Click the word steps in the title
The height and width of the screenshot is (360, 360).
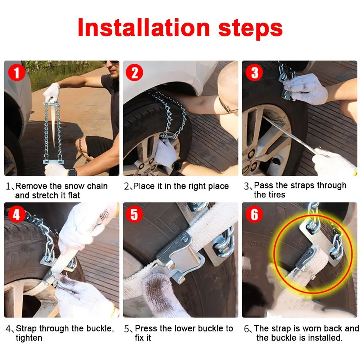point(250,29)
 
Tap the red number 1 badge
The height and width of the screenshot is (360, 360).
point(17,73)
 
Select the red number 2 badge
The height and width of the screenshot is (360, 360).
point(135,73)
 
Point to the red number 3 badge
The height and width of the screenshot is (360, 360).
point(254,73)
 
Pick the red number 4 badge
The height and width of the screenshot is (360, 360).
point(17,214)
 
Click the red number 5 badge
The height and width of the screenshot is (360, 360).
point(135,214)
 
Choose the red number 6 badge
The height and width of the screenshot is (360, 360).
point(254,214)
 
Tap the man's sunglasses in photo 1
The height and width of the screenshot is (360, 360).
point(112,62)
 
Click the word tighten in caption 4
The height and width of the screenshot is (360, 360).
point(29,338)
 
